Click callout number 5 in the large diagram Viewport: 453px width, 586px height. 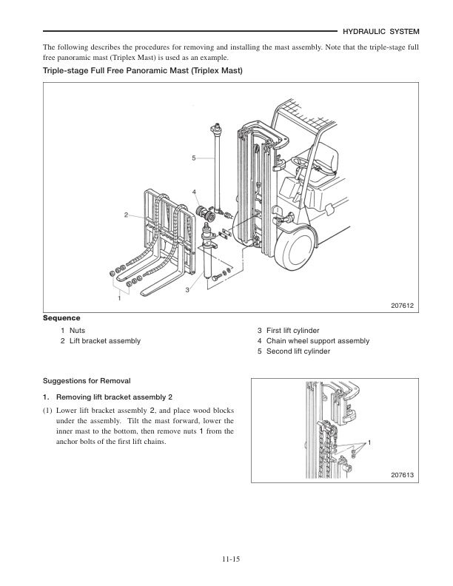[x=193, y=158]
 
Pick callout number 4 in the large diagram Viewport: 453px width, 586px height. [x=194, y=192]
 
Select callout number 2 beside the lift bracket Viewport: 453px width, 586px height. [x=127, y=215]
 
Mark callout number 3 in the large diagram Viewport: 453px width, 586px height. [x=187, y=289]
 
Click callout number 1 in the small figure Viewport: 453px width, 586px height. [x=368, y=442]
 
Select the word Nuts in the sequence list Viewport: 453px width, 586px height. [x=78, y=330]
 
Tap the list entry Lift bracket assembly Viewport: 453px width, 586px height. [x=104, y=340]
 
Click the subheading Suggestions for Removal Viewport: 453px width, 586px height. [x=87, y=380]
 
